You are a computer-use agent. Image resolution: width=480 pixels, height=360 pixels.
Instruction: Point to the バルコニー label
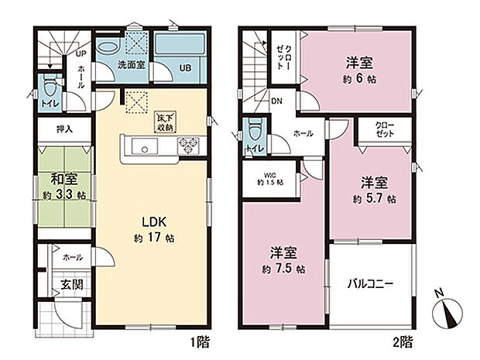369,284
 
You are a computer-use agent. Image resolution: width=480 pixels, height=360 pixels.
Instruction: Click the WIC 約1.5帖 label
269,178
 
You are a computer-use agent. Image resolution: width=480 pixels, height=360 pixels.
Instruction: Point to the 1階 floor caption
198,340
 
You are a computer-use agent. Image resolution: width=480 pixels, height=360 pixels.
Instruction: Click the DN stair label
276,101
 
